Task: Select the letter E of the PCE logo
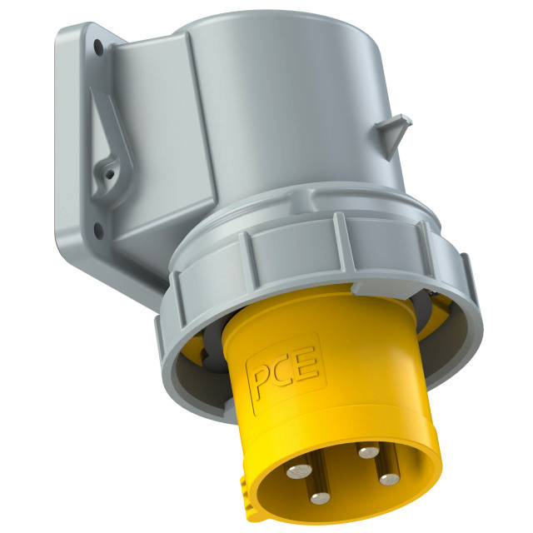coord(307,364)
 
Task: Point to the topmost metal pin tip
coord(369,452)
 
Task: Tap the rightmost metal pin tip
coord(389,480)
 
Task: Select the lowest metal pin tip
coord(320,498)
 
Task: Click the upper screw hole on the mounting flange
coord(98,47)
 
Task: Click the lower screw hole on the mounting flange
coord(98,230)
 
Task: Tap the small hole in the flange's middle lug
coord(109,174)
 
